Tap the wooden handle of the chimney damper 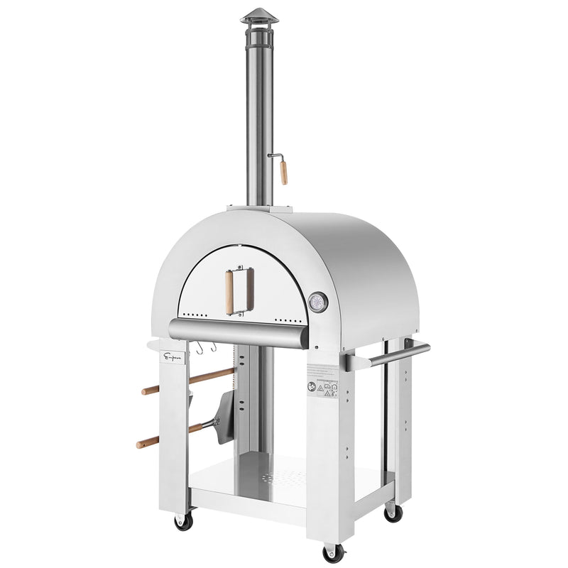click(283, 173)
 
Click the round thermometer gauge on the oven click(319, 302)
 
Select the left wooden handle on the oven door click(229, 292)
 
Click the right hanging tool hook click(212, 347)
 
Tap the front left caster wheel click(184, 521)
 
